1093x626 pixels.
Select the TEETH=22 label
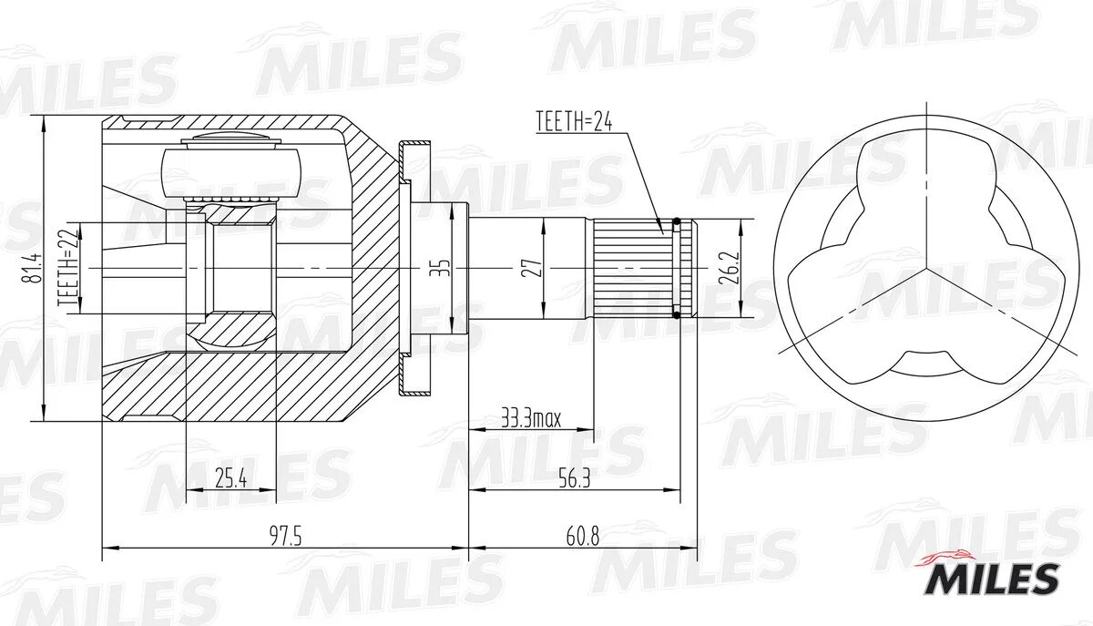click(x=65, y=270)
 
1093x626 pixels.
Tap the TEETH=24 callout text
click(x=573, y=121)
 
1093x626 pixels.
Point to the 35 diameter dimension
click(x=440, y=269)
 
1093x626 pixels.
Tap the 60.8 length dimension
click(x=582, y=537)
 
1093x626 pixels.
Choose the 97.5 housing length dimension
click(x=283, y=537)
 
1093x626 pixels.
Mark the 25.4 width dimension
click(x=230, y=478)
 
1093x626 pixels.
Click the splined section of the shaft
click(x=628, y=269)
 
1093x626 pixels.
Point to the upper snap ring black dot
click(x=676, y=221)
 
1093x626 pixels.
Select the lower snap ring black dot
click(x=676, y=315)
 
